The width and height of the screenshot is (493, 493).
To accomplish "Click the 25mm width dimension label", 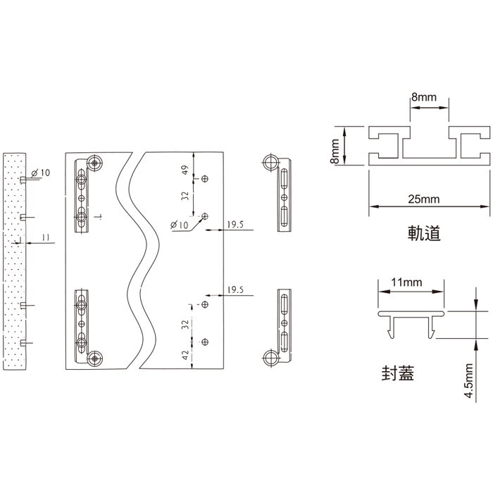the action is (423, 199).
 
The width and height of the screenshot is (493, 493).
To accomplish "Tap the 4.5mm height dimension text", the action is (469, 380).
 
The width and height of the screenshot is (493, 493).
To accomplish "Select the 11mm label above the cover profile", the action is (406, 282).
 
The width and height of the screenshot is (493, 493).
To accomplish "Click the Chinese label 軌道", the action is (424, 233).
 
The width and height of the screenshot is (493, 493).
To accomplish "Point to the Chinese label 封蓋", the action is (398, 373).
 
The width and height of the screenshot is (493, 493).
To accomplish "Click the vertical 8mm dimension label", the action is (335, 151).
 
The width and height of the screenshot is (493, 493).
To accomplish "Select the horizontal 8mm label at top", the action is (424, 97).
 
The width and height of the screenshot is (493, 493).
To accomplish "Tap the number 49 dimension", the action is (185, 170).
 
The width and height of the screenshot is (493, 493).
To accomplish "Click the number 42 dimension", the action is (185, 355).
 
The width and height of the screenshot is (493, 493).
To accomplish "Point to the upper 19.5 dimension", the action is (235, 225).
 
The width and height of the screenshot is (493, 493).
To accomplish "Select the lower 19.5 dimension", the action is (235, 289).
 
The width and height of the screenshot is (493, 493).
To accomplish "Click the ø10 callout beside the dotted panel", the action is (41, 173).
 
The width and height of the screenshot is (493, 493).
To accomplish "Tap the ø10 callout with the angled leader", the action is (179, 225).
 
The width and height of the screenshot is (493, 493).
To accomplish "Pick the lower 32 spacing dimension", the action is (185, 324).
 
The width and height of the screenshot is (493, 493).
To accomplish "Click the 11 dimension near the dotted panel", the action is (46, 237).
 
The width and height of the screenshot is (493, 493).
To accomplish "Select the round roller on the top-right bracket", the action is (270, 163).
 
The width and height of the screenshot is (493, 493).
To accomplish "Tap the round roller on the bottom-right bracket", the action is (270, 358).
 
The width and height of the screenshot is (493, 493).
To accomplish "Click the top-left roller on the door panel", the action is (94, 163).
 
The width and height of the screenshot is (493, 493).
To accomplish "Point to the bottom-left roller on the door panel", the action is (94, 358).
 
